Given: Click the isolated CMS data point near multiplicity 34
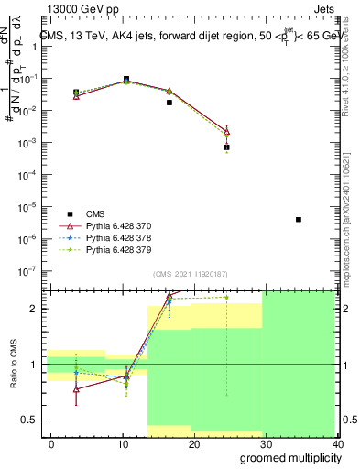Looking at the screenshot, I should point(300,220).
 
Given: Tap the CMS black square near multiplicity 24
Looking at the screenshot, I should point(226,147).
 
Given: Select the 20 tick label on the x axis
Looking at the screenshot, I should point(194,444).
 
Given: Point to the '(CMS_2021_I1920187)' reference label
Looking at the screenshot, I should point(191,274).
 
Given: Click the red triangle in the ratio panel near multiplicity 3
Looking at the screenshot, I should point(76,389).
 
